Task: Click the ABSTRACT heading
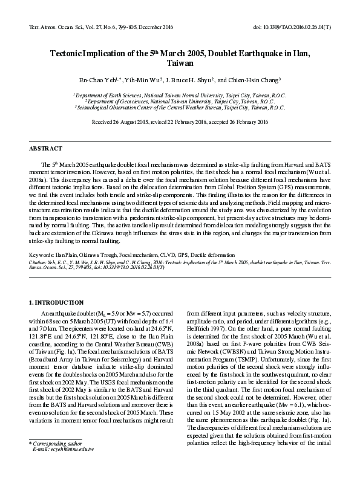[45, 148]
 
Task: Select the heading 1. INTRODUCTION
[56, 302]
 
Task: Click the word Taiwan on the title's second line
[180, 62]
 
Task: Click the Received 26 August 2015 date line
[180, 122]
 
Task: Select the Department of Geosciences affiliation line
[180, 102]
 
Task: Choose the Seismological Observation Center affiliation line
[180, 108]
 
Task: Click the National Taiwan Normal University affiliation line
[180, 96]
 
